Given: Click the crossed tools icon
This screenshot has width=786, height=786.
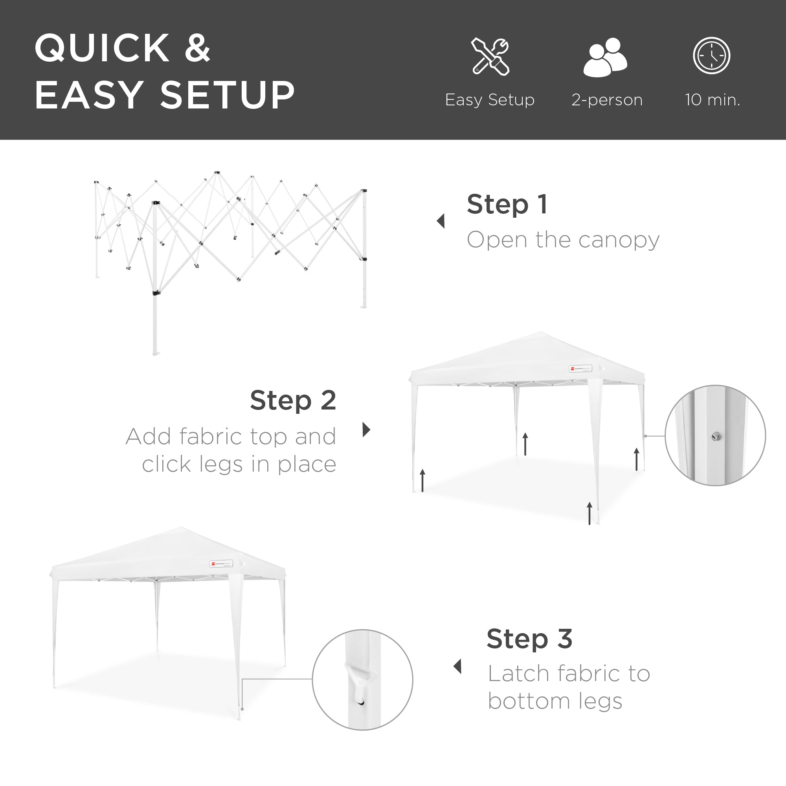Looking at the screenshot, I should (490, 56).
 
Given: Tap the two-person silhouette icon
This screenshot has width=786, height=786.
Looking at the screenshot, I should (605, 57).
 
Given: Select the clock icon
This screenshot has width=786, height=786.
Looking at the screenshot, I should (712, 56).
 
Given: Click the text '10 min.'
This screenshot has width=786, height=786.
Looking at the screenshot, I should (713, 100).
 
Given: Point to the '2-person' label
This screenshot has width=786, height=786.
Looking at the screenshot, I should (606, 100).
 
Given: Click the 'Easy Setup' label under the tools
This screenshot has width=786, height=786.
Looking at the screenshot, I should (489, 100).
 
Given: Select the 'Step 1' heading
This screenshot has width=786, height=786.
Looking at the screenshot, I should (507, 204).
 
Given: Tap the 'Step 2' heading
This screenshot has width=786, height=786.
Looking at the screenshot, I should (293, 400).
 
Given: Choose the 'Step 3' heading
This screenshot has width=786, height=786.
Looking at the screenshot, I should (529, 639).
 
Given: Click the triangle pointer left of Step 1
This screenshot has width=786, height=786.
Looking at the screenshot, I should (441, 221).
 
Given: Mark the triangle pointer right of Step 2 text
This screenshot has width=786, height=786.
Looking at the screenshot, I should (366, 430).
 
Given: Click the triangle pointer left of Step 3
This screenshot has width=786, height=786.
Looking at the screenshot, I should (458, 667).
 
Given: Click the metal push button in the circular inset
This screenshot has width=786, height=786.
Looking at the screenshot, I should (716, 437).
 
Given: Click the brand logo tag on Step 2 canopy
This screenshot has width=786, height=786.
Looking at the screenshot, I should (580, 369).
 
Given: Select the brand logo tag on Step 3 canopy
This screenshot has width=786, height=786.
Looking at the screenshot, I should (221, 564).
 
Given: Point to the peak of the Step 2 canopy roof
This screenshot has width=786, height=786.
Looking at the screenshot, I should (541, 332).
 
